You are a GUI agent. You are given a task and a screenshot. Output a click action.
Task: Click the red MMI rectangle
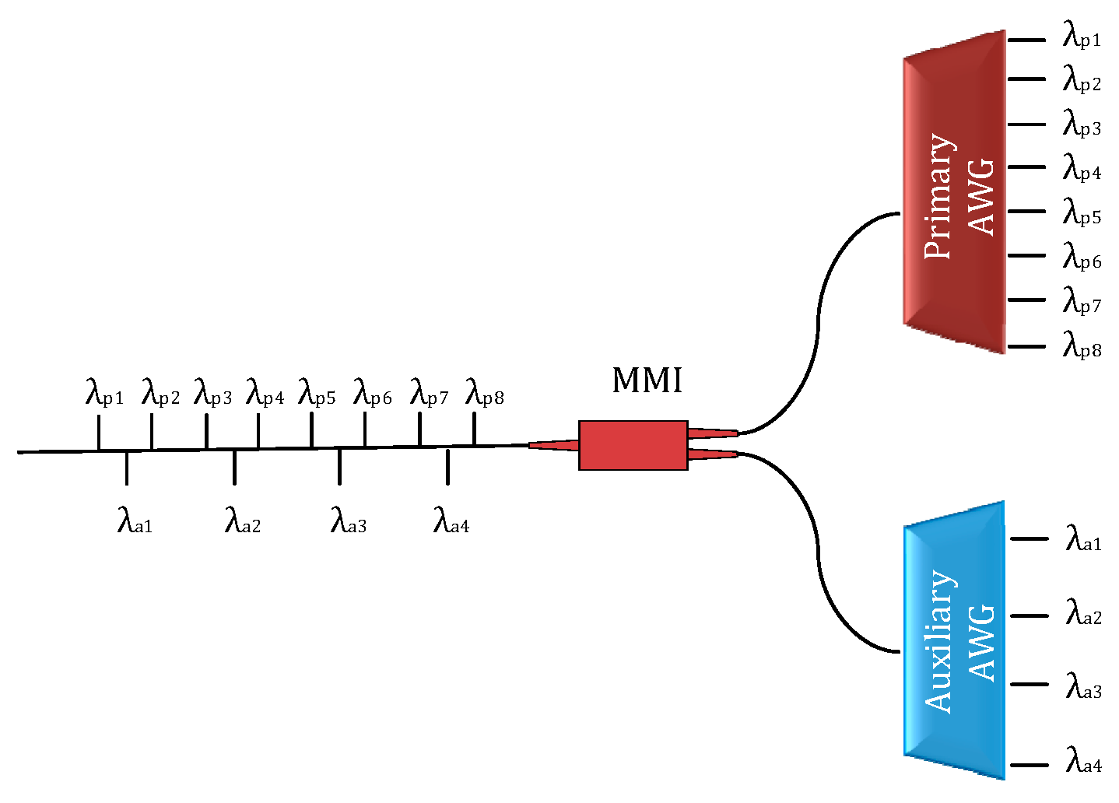coord(633,445)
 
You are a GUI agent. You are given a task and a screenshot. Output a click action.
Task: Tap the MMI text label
coord(647,380)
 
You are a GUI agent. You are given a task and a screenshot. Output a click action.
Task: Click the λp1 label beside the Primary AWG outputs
coord(1082,36)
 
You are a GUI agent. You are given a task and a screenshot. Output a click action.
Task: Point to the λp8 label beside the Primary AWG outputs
coord(1082,345)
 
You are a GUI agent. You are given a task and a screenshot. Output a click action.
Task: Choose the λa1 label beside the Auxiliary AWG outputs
coord(1083,538)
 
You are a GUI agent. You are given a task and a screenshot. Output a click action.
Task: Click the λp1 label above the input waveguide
coord(104,394)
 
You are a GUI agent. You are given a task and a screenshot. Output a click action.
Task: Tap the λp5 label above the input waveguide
coord(317,394)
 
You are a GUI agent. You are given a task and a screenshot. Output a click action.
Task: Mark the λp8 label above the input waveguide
coord(485,394)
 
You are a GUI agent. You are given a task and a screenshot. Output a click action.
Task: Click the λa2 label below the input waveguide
coord(243,521)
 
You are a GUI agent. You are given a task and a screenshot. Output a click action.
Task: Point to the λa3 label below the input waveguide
coord(349,521)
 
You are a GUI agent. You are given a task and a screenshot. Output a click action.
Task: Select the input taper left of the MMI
coord(553,445)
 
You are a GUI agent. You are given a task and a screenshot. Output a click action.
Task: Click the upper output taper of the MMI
coord(713,433)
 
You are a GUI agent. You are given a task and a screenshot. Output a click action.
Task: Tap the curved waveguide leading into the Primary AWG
coord(819,311)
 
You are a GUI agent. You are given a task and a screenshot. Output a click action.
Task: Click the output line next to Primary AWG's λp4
coord(1026,167)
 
